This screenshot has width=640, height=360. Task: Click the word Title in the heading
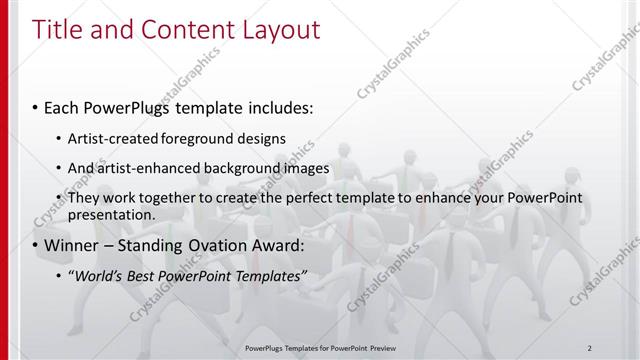pyautogui.click(x=57, y=30)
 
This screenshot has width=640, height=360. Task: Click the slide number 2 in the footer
pyautogui.click(x=590, y=347)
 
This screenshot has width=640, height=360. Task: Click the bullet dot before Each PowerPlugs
pyautogui.click(x=36, y=107)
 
